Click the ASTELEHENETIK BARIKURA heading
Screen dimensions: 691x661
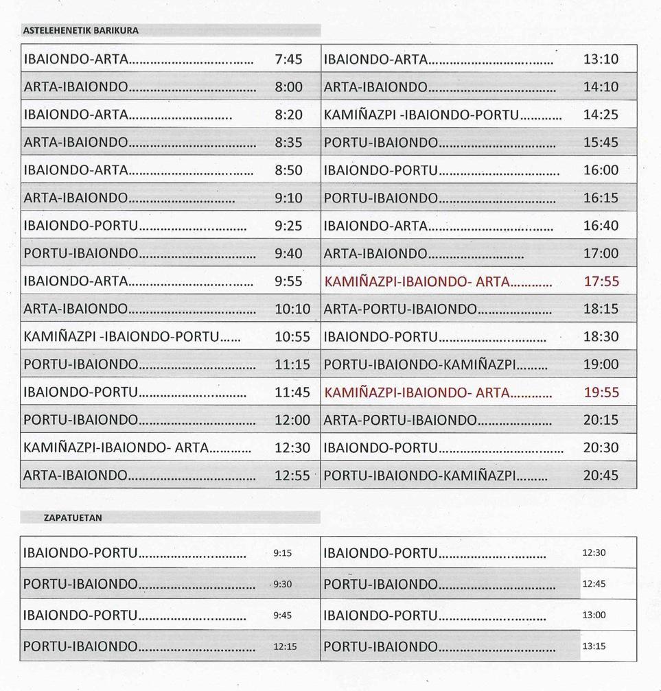pyautogui.click(x=81, y=30)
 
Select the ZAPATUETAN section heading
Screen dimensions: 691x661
pyautogui.click(x=73, y=517)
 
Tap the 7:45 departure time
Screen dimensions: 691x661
pyautogui.click(x=288, y=59)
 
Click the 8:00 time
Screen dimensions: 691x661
pyautogui.click(x=288, y=87)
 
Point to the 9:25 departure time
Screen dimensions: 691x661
pyautogui.click(x=288, y=226)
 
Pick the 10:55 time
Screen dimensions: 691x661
pyautogui.click(x=292, y=337)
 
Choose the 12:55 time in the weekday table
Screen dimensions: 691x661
pyautogui.click(x=292, y=476)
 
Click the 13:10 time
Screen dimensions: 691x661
pyautogui.click(x=601, y=59)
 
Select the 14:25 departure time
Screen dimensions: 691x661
pyautogui.click(x=601, y=115)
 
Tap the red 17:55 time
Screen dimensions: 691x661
pyautogui.click(x=601, y=281)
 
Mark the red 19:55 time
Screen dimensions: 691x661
pyautogui.click(x=601, y=393)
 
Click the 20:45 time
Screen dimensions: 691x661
pyautogui.click(x=601, y=476)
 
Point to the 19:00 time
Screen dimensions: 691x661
pyautogui.click(x=601, y=364)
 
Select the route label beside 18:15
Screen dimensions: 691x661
pyautogui.click(x=399, y=309)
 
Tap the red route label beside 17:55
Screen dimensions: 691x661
pyautogui.click(x=417, y=281)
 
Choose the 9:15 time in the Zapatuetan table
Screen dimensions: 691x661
pyautogui.click(x=283, y=553)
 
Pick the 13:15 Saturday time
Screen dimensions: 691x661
pyautogui.click(x=594, y=646)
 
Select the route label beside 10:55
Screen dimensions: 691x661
pyautogui.click(x=121, y=337)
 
